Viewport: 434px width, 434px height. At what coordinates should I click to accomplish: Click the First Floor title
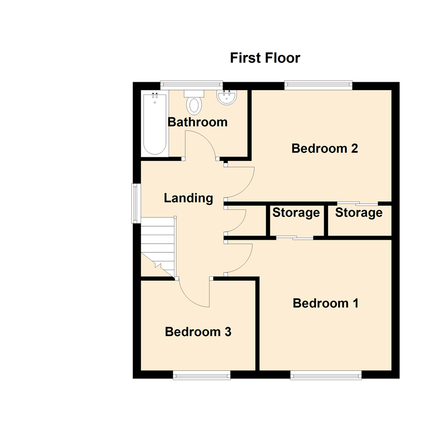(265, 58)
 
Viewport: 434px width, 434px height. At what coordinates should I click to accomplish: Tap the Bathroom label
(197, 122)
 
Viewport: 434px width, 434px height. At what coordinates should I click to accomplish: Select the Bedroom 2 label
(325, 148)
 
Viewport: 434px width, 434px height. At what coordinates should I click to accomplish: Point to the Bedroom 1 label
(325, 303)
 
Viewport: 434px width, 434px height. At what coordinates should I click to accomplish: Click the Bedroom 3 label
(198, 332)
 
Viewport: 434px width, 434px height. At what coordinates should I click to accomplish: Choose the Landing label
(188, 198)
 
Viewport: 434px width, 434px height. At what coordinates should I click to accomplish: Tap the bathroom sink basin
(227, 98)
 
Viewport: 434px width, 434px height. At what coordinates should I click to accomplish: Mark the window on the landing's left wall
(136, 203)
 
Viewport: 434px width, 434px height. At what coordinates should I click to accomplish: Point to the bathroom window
(191, 85)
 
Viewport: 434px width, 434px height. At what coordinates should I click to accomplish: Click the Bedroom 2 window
(318, 85)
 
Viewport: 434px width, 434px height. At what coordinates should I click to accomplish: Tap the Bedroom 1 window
(326, 375)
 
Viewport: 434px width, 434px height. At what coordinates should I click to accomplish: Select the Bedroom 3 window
(202, 375)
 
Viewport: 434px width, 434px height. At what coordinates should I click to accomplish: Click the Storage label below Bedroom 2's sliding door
(358, 213)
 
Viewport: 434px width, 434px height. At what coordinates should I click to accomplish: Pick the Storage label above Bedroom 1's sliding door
(296, 213)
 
